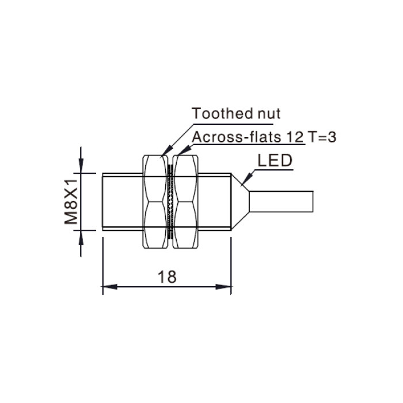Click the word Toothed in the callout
click(x=218, y=113)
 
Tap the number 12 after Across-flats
click(x=295, y=137)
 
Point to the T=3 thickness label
click(x=322, y=137)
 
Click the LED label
click(x=275, y=161)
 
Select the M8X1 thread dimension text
click(x=71, y=201)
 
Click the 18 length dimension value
click(x=167, y=276)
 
